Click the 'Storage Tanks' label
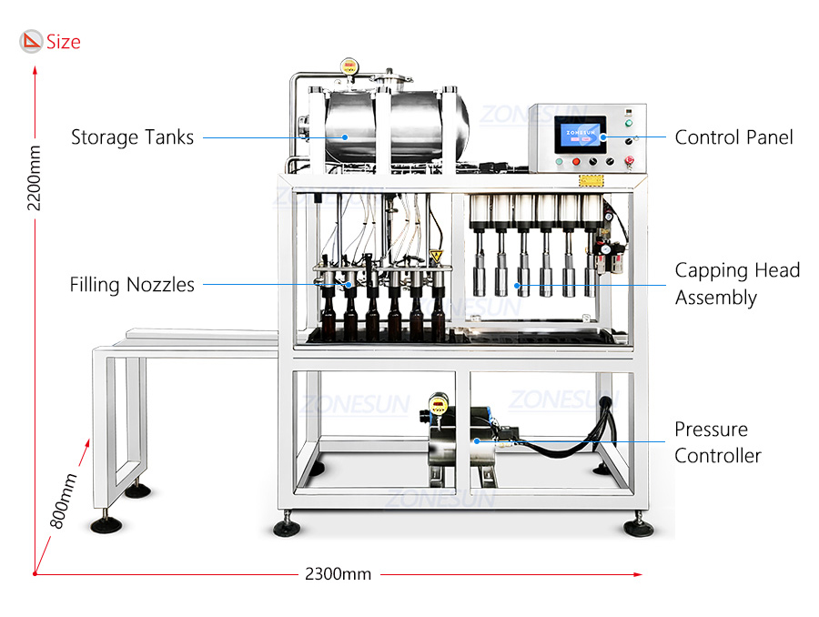pos(132,137)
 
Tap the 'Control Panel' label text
pos(733,137)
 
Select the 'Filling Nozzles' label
pos(132,285)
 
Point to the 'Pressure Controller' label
pos(718,442)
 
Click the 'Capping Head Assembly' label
pos(737,284)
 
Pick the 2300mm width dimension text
pos(338,574)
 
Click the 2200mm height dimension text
pos(34,178)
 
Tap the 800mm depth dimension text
pos(63,501)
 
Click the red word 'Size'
pos(63,42)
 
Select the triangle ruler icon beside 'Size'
pos(31,41)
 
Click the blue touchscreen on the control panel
pos(581,135)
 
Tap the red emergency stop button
pos(629,160)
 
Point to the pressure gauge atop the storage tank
pos(349,66)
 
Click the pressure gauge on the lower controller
pos(439,402)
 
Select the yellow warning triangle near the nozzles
pos(436,256)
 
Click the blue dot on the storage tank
pos(345,137)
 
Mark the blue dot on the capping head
pos(517,285)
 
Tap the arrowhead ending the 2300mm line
pos(638,574)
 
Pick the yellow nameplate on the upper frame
pos(591,181)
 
